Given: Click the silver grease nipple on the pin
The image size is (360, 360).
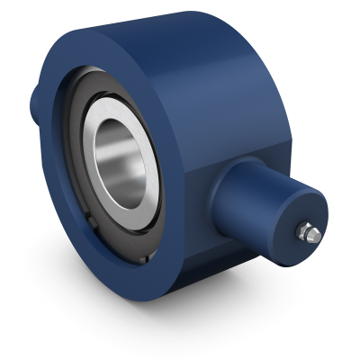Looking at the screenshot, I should tap(309, 231).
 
